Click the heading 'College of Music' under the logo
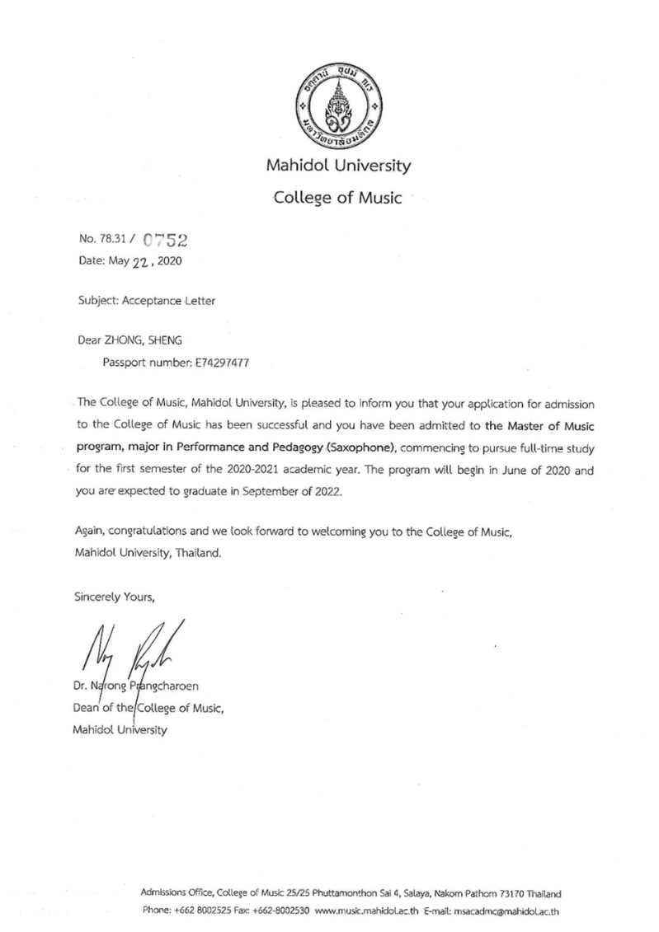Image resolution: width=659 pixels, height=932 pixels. coord(337,198)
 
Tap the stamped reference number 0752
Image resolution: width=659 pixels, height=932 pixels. coord(167,241)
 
